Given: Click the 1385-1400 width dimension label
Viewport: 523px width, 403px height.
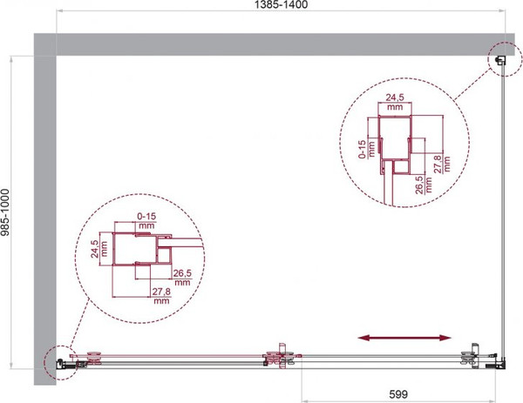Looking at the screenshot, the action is [x=282, y=4].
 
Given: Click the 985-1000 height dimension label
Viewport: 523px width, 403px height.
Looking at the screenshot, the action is [x=5, y=212].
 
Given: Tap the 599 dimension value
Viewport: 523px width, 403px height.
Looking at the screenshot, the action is [x=398, y=394].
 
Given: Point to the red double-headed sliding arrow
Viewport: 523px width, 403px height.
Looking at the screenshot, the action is [x=404, y=338].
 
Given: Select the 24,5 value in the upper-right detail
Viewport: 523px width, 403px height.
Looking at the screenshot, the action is [x=395, y=97].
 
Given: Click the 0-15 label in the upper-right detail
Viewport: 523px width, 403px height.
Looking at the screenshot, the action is [x=362, y=149].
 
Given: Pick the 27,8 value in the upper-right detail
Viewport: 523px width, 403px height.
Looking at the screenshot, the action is [x=438, y=164].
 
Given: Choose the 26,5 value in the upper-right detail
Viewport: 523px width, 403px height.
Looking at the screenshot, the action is [x=419, y=185].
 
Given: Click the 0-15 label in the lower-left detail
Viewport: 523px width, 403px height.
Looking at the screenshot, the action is [x=146, y=217].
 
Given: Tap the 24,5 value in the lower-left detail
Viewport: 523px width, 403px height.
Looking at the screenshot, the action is [x=94, y=249].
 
